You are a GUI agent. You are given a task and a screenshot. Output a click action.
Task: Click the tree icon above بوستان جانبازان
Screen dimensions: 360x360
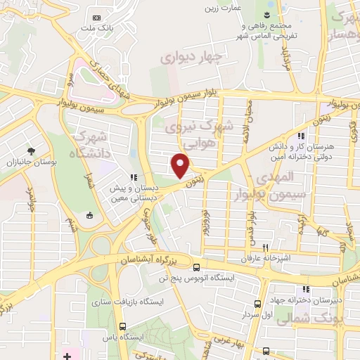[x=31, y=150]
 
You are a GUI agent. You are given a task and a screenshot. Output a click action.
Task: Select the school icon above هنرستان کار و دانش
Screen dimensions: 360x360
[x=302, y=136]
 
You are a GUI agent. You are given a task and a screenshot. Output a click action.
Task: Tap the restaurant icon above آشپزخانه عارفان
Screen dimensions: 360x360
[x=265, y=247]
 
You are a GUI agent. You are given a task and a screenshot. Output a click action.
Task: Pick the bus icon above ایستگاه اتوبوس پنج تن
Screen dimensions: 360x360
[x=196, y=267]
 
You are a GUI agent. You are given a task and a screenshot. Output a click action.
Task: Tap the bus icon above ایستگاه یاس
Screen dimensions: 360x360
[x=123, y=327]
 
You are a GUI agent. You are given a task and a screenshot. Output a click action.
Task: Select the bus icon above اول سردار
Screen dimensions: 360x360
[x=257, y=304]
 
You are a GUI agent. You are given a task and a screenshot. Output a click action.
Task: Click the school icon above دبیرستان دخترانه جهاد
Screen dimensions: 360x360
[x=305, y=289]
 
